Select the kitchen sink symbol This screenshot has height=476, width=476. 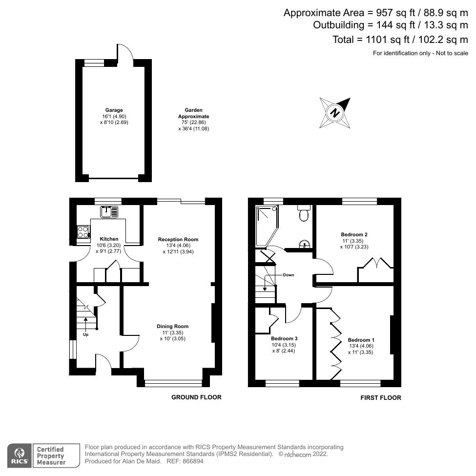(109, 212)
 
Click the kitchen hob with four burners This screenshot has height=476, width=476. (83, 232)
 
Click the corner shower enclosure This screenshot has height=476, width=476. (266, 224)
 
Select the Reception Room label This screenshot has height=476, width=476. (178, 239)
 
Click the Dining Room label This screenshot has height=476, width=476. (172, 326)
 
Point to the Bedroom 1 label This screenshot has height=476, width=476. (361, 340)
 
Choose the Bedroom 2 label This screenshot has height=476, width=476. (354, 234)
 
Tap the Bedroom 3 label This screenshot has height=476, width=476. (284, 338)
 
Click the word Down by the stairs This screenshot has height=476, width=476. (288, 275)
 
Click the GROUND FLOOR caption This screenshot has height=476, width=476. (196, 397)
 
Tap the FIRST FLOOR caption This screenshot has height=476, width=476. (381, 398)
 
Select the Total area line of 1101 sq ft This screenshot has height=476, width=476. (400, 40)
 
